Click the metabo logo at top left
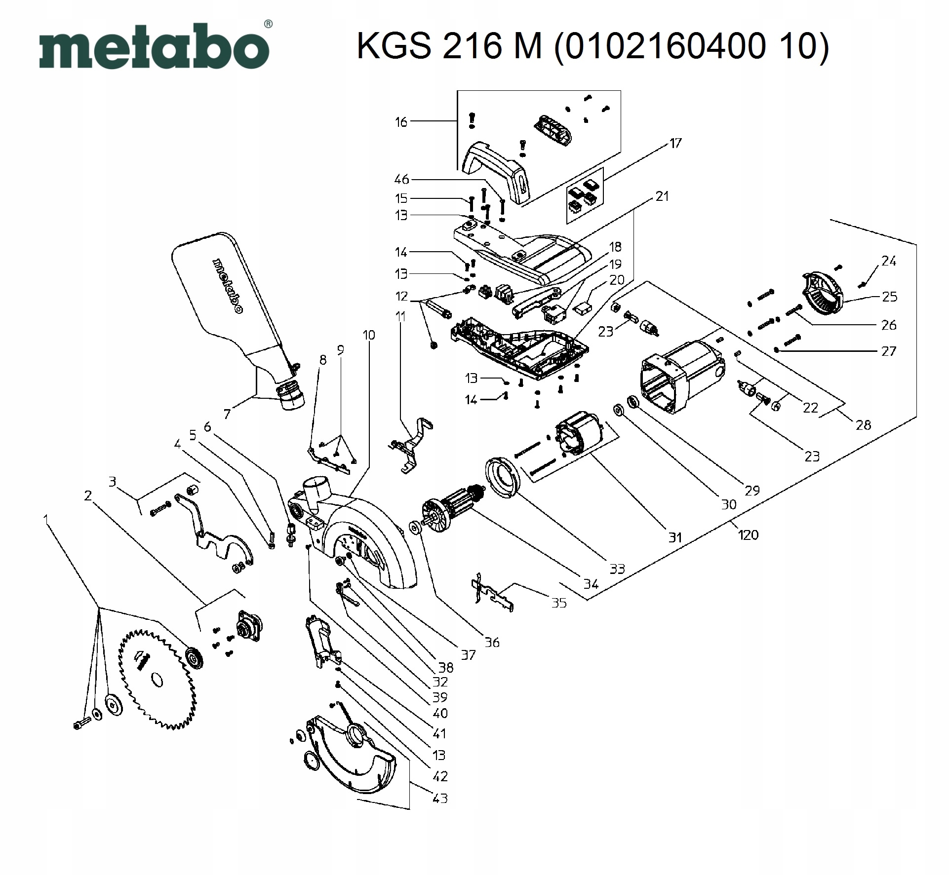154,47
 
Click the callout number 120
748,534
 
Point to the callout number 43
439,798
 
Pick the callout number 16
401,122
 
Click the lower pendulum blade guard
353,762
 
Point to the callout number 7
227,414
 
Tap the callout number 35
558,603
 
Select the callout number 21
662,196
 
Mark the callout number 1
46,520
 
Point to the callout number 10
368,335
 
